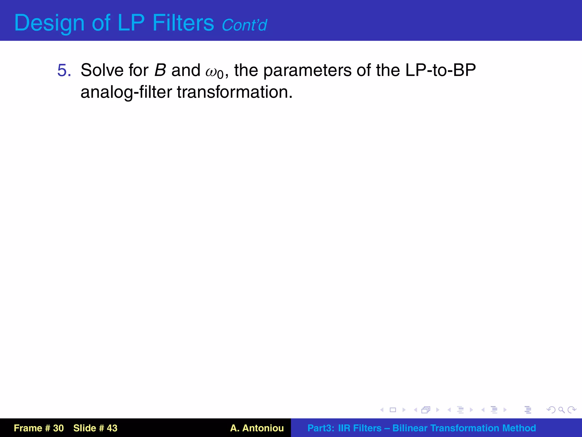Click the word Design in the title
click(49, 23)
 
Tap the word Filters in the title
click(183, 23)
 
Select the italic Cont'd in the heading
click(244, 25)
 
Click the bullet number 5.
click(64, 70)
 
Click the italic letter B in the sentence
click(160, 70)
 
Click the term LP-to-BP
click(440, 70)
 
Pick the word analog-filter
click(126, 92)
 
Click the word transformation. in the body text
click(235, 92)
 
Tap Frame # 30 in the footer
click(39, 428)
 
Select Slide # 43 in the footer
click(95, 428)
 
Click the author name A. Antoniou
click(257, 428)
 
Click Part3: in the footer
click(321, 428)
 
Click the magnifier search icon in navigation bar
click(561, 410)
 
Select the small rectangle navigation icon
click(393, 410)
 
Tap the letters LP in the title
click(131, 23)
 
